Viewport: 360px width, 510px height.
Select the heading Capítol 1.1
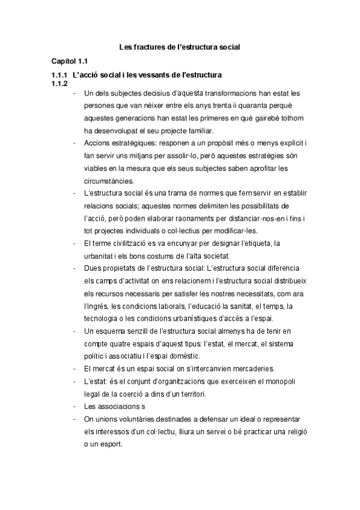click(70, 61)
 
